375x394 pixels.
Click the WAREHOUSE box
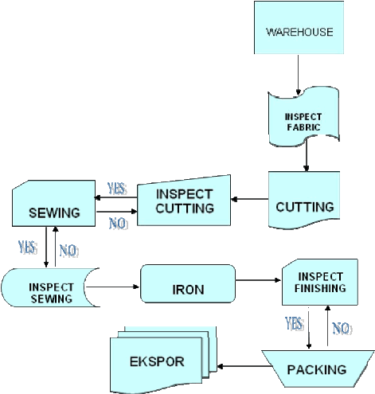pos(299,28)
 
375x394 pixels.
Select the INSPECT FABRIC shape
pos(304,117)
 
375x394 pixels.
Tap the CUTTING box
pos(304,200)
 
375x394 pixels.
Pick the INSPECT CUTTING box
pos(184,201)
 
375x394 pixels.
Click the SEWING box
pos(54,204)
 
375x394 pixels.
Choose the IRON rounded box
pos(188,283)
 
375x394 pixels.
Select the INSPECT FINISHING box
pos(320,283)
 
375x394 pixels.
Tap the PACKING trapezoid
pos(318,369)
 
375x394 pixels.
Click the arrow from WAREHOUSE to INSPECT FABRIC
pos(298,75)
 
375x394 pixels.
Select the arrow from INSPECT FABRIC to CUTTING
pos(307,155)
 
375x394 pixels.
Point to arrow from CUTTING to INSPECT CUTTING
pos(250,199)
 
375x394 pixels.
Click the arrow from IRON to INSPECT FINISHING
pos(258,280)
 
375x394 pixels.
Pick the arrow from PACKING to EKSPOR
pos(244,367)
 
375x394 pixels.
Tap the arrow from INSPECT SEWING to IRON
pos(112,287)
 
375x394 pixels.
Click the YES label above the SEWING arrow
pos(117,189)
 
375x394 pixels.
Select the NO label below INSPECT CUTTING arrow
pos(119,224)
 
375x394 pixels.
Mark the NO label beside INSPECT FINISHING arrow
pos(342,328)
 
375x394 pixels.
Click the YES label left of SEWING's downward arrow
pos(28,247)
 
